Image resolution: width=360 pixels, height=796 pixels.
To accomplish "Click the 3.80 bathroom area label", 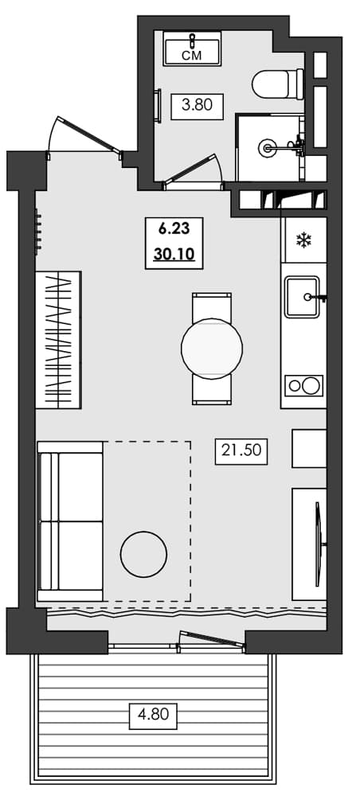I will pos(197,106).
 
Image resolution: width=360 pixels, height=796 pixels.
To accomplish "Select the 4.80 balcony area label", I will pos(153,714).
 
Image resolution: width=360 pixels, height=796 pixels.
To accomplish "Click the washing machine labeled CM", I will pos(192,49).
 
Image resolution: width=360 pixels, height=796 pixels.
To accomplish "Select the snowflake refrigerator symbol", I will pos(303,240).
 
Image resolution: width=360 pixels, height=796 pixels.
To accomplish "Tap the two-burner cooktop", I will pos(304,386).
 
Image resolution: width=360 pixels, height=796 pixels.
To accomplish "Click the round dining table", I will pos(212,348).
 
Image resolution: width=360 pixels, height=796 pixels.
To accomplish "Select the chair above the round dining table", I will pos(212,306).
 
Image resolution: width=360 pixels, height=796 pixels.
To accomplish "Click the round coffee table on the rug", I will pos(143,552).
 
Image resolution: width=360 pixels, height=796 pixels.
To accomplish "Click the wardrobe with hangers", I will pos(59,340).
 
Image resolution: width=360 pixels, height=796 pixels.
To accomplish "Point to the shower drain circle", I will pos(269,146).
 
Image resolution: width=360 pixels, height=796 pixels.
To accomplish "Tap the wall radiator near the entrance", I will pos(37,232).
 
